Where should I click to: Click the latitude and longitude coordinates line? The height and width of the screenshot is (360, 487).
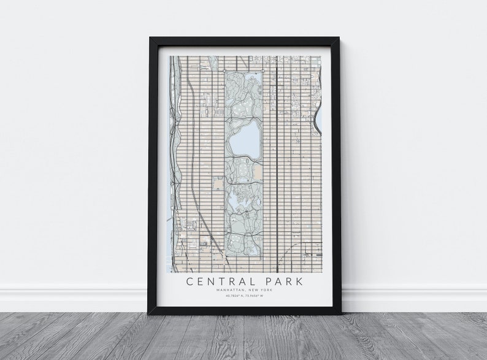click(245, 297)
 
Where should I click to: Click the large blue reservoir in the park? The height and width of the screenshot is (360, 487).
click(244, 139)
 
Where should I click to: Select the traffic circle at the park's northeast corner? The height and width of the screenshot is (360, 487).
click(262, 71)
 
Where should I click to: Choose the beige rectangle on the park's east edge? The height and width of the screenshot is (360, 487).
click(258, 175)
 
